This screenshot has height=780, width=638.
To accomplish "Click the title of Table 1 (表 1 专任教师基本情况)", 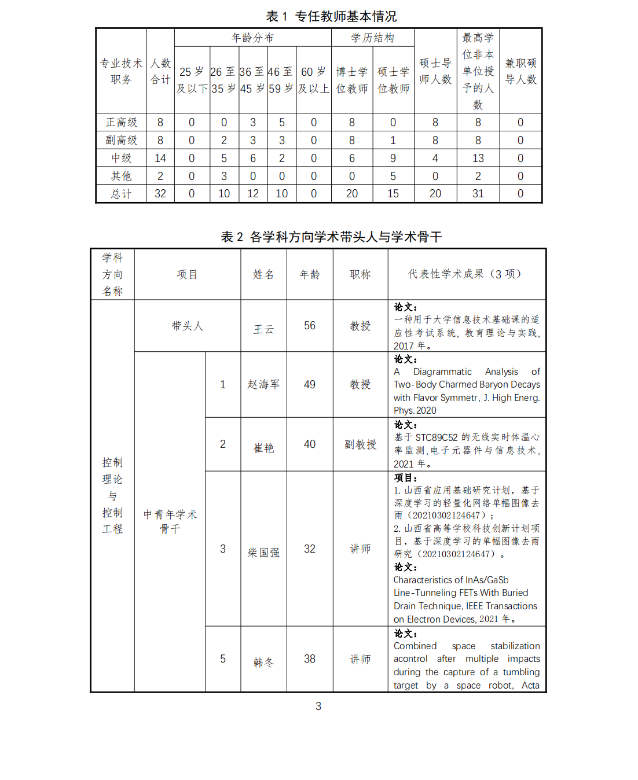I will [331, 16].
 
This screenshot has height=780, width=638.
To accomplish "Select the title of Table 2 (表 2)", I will [331, 237].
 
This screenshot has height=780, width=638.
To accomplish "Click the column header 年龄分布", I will [252, 38].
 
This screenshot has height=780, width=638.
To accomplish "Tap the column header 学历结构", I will [372, 38].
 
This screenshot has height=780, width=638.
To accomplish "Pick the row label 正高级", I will [121, 123].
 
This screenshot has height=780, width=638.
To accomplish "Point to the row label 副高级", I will [121, 141].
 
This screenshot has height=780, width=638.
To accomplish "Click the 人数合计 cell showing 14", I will [160, 159].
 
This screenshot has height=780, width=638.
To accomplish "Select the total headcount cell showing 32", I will [160, 194].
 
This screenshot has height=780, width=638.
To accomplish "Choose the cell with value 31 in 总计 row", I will [478, 194].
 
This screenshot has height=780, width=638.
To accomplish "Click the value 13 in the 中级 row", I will [478, 159].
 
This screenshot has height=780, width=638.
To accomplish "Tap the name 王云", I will [263, 329].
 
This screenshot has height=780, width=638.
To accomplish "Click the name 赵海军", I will [263, 384].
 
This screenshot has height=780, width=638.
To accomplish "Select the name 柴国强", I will [263, 553].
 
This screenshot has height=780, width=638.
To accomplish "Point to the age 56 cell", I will [310, 326].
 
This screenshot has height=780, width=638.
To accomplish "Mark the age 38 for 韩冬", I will [310, 659].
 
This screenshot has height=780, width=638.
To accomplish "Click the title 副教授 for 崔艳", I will [360, 444].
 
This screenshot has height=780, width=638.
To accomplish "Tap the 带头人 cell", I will [187, 326].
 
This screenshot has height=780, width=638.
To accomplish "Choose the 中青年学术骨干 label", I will [170, 521].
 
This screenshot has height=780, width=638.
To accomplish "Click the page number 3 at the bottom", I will [318, 707].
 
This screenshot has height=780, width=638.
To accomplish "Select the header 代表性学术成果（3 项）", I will [466, 274].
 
